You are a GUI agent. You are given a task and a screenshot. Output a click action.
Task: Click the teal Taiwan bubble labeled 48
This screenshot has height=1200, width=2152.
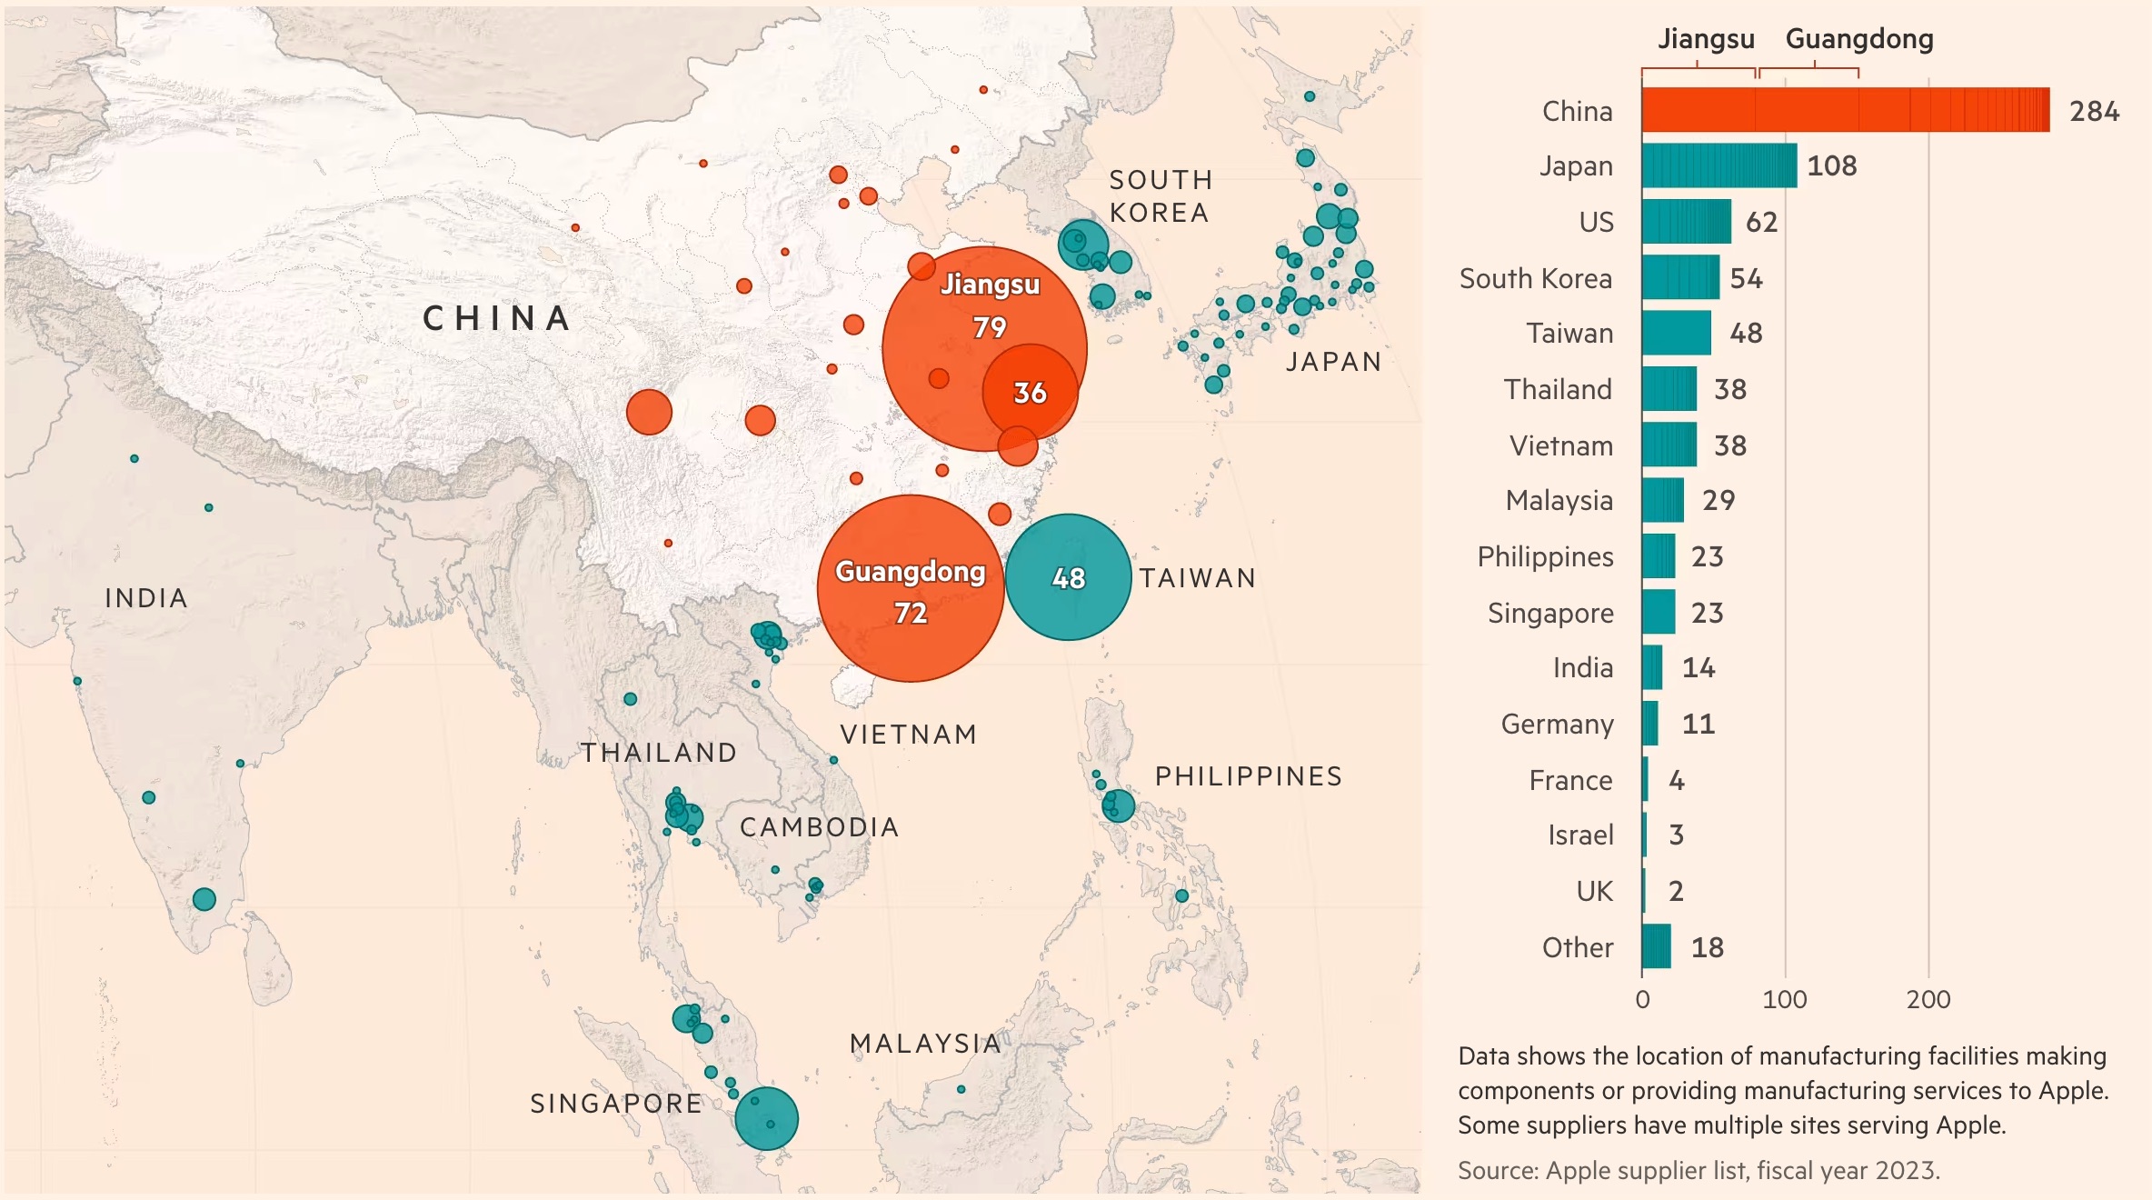click(x=1068, y=577)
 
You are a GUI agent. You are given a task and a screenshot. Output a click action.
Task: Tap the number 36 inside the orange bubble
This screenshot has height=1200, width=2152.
click(x=1030, y=393)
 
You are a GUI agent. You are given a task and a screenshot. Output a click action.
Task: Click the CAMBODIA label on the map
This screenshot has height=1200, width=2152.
click(x=819, y=827)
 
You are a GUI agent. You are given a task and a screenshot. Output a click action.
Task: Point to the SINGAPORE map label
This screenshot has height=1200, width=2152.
click(x=616, y=1104)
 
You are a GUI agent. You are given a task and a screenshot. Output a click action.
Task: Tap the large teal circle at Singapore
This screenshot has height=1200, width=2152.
click(x=766, y=1119)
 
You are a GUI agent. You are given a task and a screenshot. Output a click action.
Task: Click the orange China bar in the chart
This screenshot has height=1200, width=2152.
click(x=1845, y=110)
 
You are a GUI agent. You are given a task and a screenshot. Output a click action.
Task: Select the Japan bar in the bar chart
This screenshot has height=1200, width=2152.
click(x=1719, y=166)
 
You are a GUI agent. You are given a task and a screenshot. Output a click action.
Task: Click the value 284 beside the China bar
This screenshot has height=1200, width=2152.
click(x=2094, y=111)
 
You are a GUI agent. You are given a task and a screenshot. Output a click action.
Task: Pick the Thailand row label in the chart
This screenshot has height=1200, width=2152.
click(x=1558, y=389)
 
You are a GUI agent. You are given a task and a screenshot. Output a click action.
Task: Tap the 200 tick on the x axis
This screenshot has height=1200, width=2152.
click(x=1928, y=999)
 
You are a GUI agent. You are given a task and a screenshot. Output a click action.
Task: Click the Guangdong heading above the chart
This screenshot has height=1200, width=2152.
click(x=1858, y=39)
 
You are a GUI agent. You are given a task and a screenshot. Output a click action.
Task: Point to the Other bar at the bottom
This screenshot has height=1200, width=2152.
click(x=1656, y=946)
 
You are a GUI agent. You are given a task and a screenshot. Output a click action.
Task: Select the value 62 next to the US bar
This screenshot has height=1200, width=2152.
click(x=1760, y=222)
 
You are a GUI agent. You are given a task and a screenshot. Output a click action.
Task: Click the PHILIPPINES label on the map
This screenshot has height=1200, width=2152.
click(x=1248, y=776)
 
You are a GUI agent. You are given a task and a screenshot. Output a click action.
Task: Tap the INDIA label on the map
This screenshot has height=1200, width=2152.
click(x=146, y=598)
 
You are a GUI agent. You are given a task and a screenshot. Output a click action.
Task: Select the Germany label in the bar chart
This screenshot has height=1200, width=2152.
click(x=1557, y=724)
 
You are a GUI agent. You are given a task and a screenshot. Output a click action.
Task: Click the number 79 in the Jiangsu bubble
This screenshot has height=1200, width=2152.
click(x=989, y=327)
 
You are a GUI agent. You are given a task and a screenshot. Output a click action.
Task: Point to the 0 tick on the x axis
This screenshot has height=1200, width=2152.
click(x=1642, y=999)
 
